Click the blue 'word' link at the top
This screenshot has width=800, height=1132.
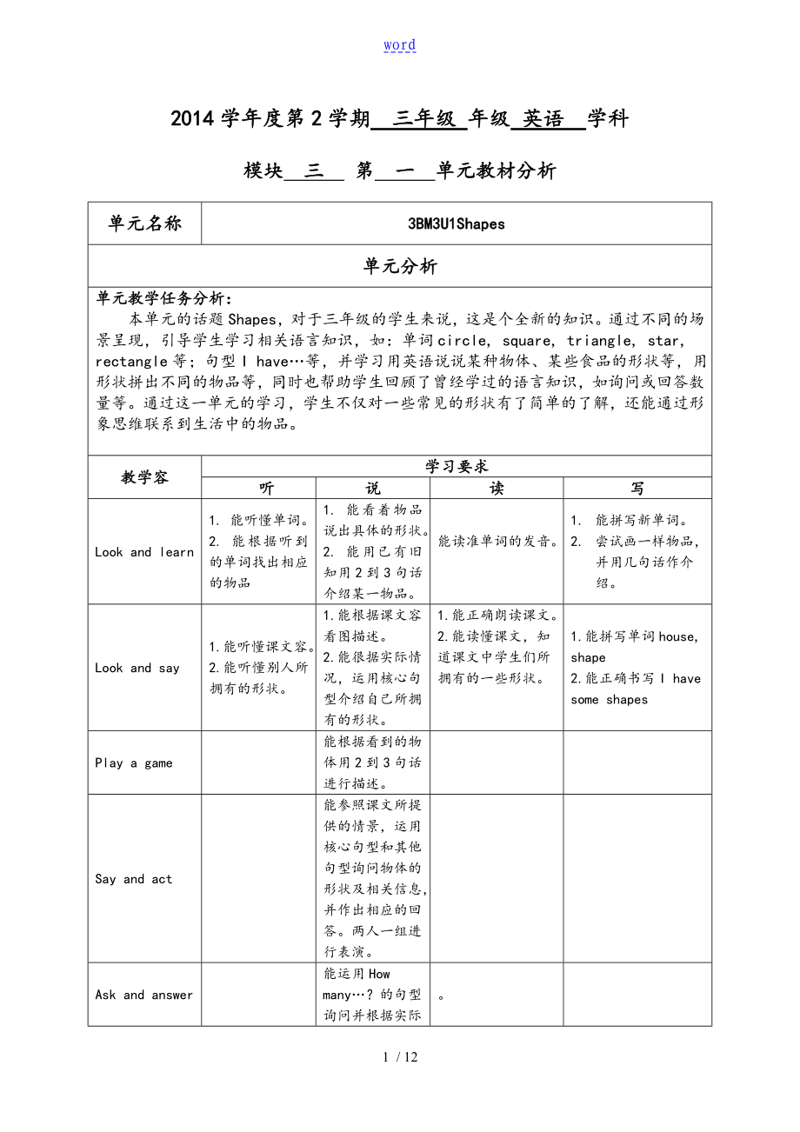coord(399,45)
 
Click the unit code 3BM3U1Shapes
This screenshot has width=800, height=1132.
coord(457,223)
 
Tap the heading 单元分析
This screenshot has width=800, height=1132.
coord(400,267)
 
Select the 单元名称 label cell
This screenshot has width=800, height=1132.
coord(145,223)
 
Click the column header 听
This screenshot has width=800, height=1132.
coord(258,489)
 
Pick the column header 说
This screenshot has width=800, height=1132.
coord(373,489)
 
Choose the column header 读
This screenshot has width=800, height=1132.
coord(497,489)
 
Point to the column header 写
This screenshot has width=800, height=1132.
coord(637,489)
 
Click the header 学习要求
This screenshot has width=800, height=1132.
coord(457,467)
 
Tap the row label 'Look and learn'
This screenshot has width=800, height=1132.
coord(144,552)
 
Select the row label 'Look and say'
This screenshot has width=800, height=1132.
coord(137,668)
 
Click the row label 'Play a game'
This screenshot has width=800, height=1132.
coord(134,763)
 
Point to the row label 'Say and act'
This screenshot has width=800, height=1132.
coord(134,879)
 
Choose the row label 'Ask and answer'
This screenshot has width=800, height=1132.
coord(144,995)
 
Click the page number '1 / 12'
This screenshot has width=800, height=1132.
coord(400,1057)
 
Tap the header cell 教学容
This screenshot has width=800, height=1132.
coord(145,477)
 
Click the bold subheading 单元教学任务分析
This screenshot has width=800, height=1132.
coord(163,298)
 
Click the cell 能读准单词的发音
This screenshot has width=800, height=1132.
coord(497,541)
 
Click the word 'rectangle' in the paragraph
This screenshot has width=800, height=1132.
coord(131,361)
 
